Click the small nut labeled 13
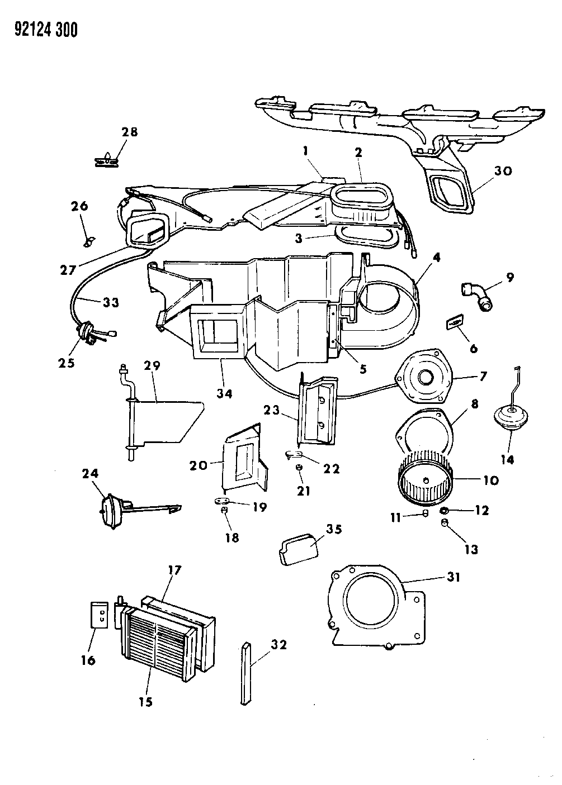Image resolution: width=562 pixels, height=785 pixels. coord(445,523)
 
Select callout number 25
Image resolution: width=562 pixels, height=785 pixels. coord(65,363)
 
